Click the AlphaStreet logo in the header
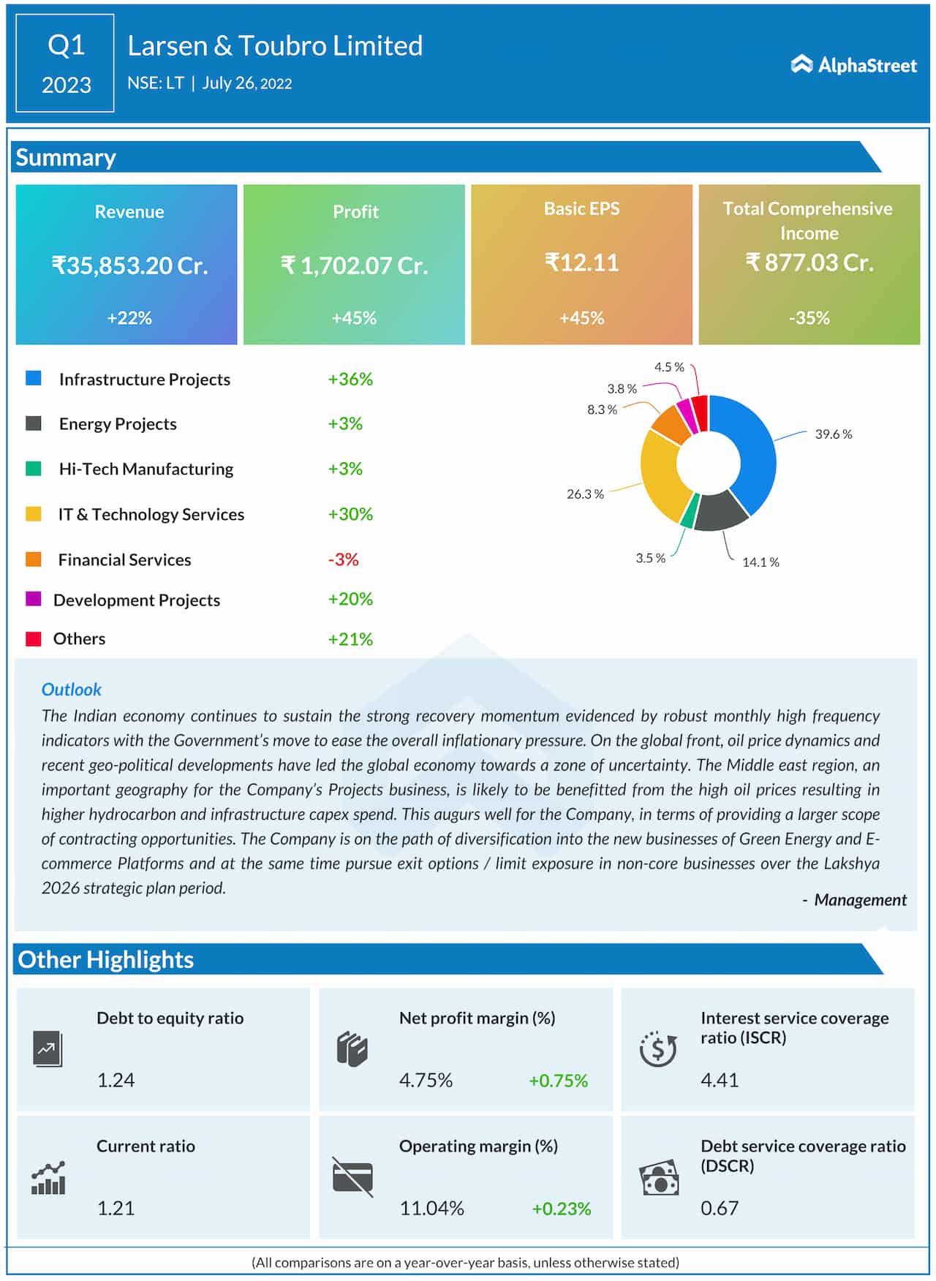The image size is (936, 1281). [853, 65]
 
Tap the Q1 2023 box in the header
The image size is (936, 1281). [65, 64]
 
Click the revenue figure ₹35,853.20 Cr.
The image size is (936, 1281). [129, 265]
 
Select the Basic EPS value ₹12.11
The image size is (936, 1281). [581, 262]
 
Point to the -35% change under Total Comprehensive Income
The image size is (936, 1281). [809, 318]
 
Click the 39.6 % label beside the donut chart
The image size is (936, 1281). [834, 434]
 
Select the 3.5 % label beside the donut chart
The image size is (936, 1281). [650, 559]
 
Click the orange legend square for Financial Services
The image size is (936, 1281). [34, 559]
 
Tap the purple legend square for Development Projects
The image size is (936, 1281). [34, 599]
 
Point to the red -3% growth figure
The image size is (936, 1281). [343, 559]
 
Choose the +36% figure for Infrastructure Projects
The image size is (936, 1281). [350, 379]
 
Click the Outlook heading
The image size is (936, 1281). [71, 689]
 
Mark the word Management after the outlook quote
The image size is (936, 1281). [860, 900]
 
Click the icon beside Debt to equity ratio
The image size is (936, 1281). [48, 1049]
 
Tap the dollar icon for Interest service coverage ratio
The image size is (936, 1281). [657, 1049]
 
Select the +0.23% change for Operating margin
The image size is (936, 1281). [561, 1209]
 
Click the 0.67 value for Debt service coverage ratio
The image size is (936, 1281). [720, 1208]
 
